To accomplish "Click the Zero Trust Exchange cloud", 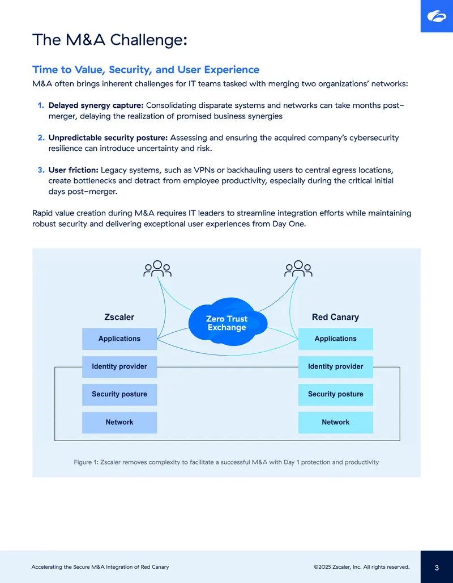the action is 228,322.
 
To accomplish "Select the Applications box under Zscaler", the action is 119,339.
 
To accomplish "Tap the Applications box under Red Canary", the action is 336,339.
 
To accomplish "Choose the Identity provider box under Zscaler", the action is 119,366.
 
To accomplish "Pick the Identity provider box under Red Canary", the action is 336,366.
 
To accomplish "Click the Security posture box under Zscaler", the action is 119,395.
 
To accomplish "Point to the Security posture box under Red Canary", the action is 336,395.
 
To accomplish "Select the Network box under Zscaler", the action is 119,423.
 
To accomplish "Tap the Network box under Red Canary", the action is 336,423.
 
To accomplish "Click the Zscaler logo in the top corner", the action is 437,16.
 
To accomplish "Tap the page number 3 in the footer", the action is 437,568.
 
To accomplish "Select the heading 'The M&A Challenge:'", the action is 109,40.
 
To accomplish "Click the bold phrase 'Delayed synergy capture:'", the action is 96,105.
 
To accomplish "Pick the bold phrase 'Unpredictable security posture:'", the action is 108,138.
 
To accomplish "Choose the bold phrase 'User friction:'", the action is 73,170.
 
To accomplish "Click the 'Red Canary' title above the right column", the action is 335,317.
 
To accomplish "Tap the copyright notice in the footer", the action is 362,567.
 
